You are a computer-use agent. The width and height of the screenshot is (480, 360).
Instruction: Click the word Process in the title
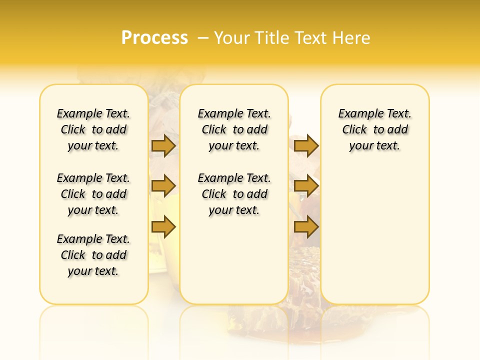[154, 38]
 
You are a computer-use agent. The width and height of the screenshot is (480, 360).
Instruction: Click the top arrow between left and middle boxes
[163, 146]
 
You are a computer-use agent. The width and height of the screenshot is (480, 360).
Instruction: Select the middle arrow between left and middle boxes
[163, 186]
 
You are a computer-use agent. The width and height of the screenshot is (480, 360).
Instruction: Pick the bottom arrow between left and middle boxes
[163, 227]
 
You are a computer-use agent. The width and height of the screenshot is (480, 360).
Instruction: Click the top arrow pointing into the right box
[306, 146]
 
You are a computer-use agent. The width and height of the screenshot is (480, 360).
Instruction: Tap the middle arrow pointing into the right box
[306, 186]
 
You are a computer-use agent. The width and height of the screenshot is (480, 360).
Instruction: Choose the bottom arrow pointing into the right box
[306, 227]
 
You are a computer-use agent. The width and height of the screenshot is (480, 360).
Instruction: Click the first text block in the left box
[93, 129]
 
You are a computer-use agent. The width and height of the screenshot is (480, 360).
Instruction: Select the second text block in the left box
[93, 194]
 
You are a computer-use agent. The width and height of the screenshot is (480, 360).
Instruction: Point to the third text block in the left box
[93, 255]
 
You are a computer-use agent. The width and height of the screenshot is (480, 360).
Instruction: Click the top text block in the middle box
[234, 129]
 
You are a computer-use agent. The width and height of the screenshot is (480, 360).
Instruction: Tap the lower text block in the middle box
[234, 194]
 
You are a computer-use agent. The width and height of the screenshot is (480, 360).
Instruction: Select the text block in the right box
[374, 129]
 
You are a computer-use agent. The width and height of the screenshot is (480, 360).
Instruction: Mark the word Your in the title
[232, 38]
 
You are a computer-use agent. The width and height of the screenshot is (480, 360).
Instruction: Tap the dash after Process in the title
[203, 38]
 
